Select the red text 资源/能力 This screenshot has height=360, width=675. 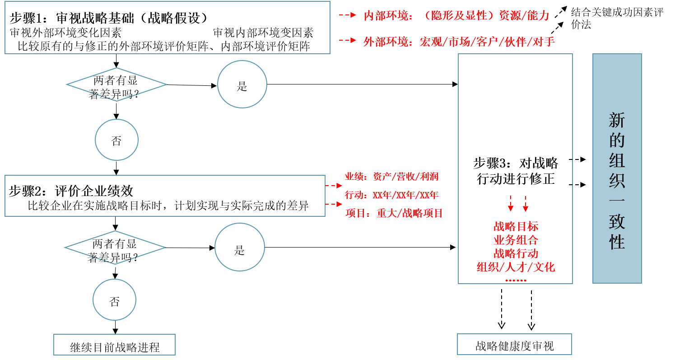click(x=524, y=16)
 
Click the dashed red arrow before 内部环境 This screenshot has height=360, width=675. click(x=348, y=15)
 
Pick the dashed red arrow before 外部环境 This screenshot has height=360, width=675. click(x=348, y=41)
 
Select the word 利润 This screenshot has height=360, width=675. click(x=429, y=177)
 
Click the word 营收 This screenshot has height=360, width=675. click(x=405, y=177)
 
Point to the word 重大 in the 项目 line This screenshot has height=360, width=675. click(x=386, y=213)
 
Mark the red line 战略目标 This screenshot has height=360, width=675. click(x=516, y=227)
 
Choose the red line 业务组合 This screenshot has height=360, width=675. click(x=516, y=240)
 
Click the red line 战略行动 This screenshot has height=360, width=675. click(x=516, y=253)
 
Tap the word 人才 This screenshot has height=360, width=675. click(x=516, y=267)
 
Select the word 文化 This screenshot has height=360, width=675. click(x=544, y=267)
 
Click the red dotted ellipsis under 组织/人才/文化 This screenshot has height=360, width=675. click(x=516, y=281)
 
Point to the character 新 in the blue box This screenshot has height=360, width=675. click(x=617, y=121)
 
